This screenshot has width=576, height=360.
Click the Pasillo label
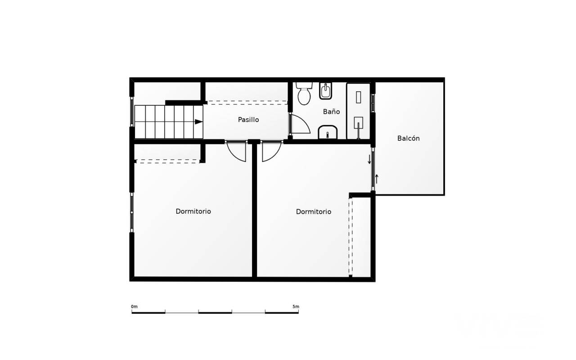(x=248, y=120)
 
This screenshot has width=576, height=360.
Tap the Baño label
(x=331, y=111)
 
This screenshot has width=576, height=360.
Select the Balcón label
(x=408, y=138)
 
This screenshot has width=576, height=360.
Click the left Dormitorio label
(x=193, y=211)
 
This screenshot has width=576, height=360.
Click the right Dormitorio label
(x=314, y=211)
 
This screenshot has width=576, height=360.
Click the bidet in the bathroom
(x=325, y=91)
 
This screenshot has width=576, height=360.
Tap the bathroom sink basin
(x=328, y=132)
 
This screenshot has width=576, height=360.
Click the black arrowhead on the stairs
(x=198, y=121)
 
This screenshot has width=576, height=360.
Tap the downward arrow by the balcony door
(x=369, y=159)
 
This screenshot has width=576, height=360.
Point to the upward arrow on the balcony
(x=377, y=179)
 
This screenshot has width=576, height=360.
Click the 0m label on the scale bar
(x=134, y=306)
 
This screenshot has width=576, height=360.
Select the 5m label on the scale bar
(x=296, y=306)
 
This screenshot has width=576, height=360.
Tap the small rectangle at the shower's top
(x=358, y=97)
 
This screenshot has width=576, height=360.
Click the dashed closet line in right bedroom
(x=351, y=237)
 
